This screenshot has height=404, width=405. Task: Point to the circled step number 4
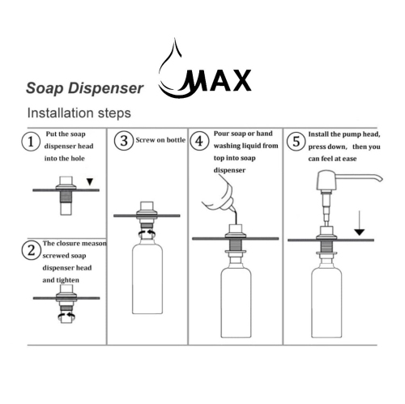tap(198, 142)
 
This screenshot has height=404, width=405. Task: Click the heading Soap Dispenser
tap(84, 86)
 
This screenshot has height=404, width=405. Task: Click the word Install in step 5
tap(322, 134)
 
